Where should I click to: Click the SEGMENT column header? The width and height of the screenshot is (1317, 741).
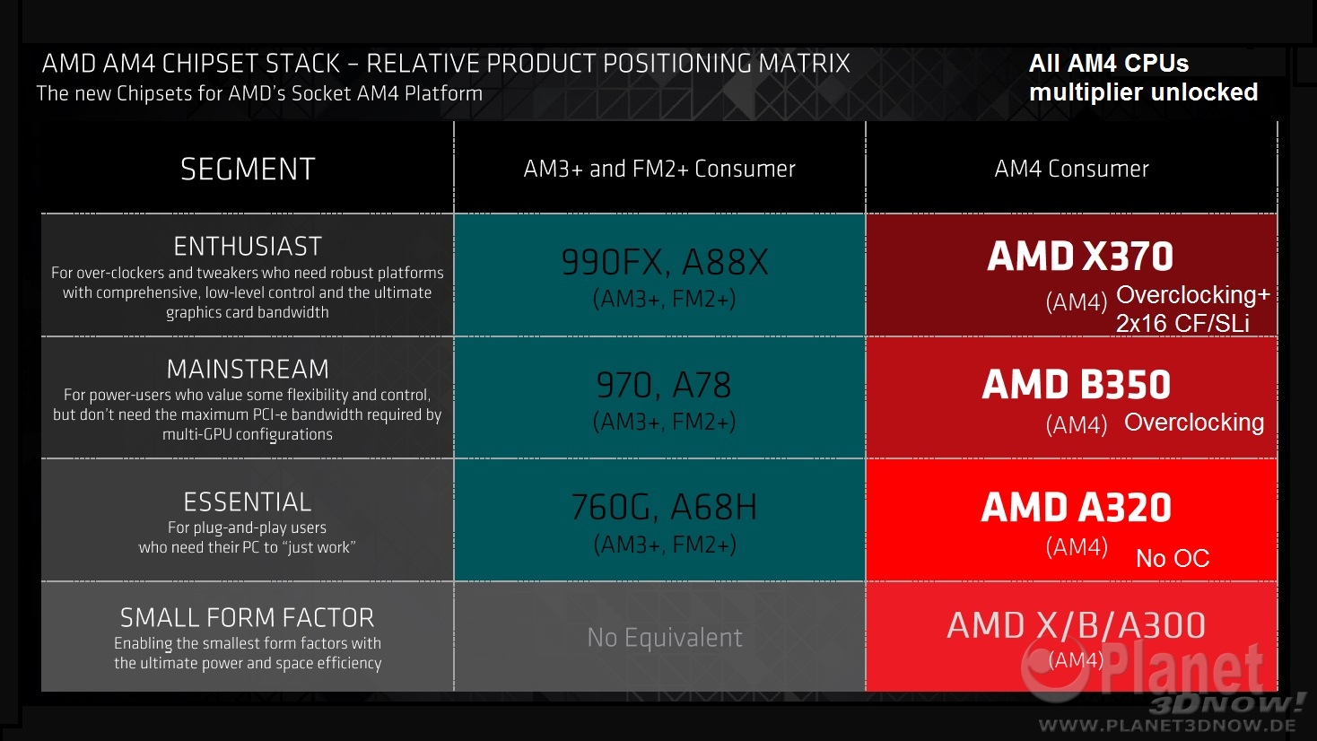pos(248,169)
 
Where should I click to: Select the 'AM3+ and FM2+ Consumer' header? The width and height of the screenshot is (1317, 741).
pos(659,169)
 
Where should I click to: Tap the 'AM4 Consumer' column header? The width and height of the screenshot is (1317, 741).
pos(1071,169)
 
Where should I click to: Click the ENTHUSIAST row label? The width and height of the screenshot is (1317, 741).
pos(248,246)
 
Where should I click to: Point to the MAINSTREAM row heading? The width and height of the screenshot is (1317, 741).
pos(248,369)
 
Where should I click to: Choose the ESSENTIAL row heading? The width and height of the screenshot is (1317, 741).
pos(248,501)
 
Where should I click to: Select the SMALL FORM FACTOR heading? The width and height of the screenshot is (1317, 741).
pos(248,617)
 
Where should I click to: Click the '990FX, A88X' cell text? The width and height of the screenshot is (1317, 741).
pos(665,262)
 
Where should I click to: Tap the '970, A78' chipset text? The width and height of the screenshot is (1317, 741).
pos(664,385)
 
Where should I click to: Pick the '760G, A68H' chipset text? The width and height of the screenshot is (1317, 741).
pos(664,507)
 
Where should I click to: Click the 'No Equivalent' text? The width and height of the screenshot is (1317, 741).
pos(665,637)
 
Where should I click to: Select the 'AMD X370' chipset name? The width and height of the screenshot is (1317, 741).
pos(1080,257)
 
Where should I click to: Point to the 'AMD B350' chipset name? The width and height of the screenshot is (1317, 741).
pos(1077,385)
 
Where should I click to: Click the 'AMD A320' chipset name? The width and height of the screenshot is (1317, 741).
pos(1077,508)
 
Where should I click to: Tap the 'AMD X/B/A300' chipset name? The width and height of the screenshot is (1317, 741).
pos(1077,625)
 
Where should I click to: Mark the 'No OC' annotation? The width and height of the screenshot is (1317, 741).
pos(1173,558)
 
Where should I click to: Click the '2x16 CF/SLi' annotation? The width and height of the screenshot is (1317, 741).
pos(1182,323)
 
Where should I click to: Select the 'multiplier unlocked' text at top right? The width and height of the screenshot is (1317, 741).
pos(1143,92)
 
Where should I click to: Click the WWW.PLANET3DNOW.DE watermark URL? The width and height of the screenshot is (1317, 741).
pos(1167,725)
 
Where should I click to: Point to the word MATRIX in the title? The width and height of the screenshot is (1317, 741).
pos(804,64)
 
